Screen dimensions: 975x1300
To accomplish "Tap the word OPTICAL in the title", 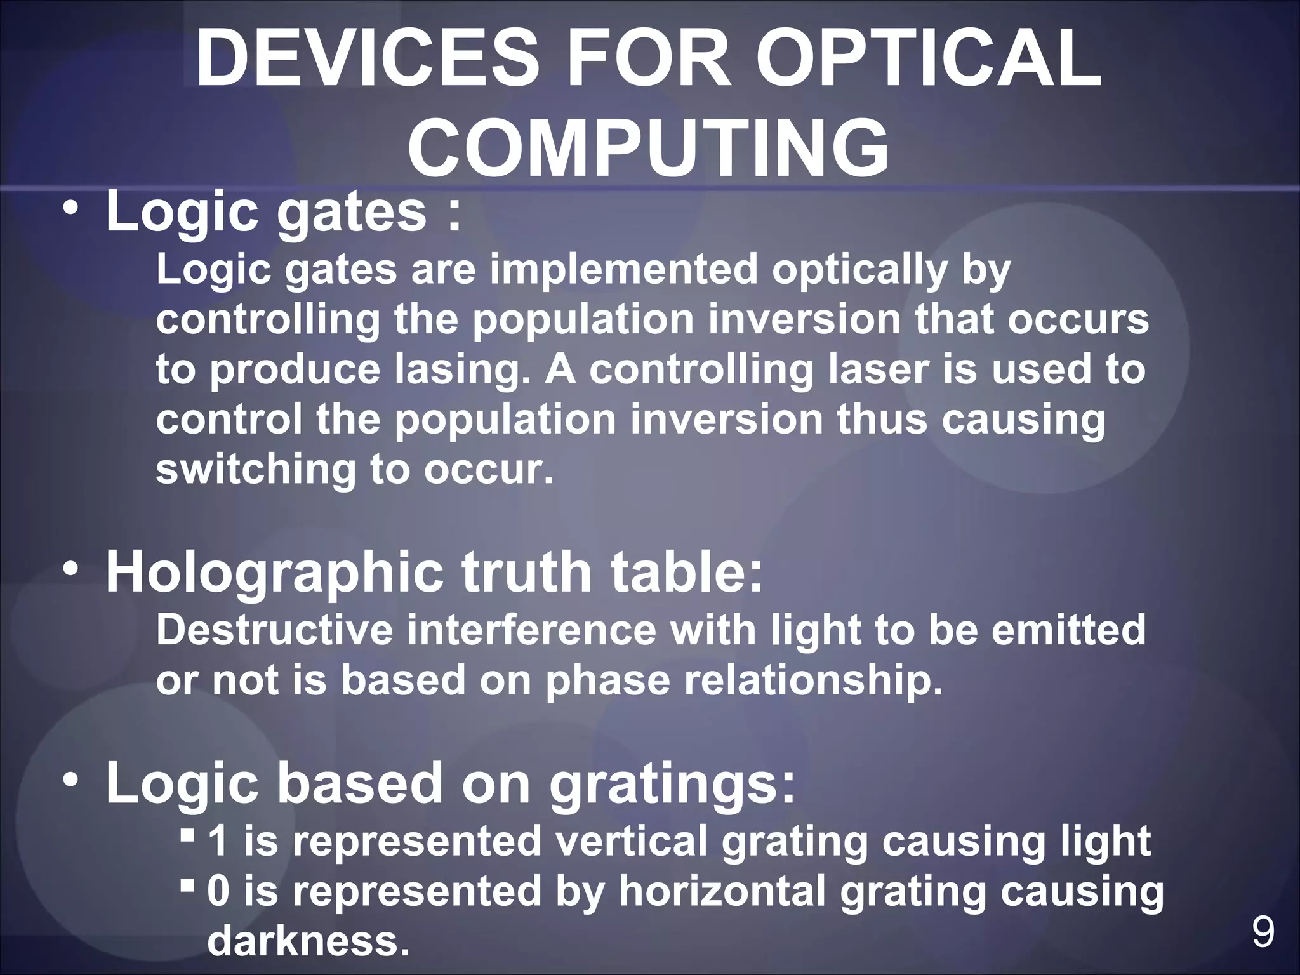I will coord(928,58).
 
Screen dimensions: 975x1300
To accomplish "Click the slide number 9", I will coord(1263,932).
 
